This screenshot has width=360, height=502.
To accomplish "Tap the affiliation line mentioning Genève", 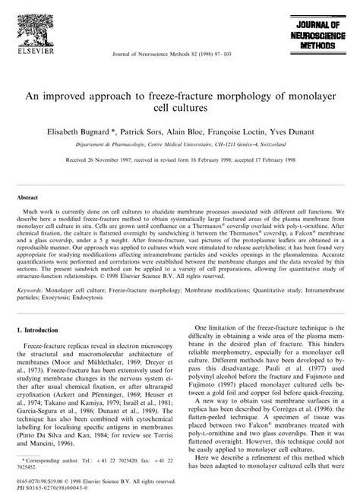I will pos(180,143).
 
